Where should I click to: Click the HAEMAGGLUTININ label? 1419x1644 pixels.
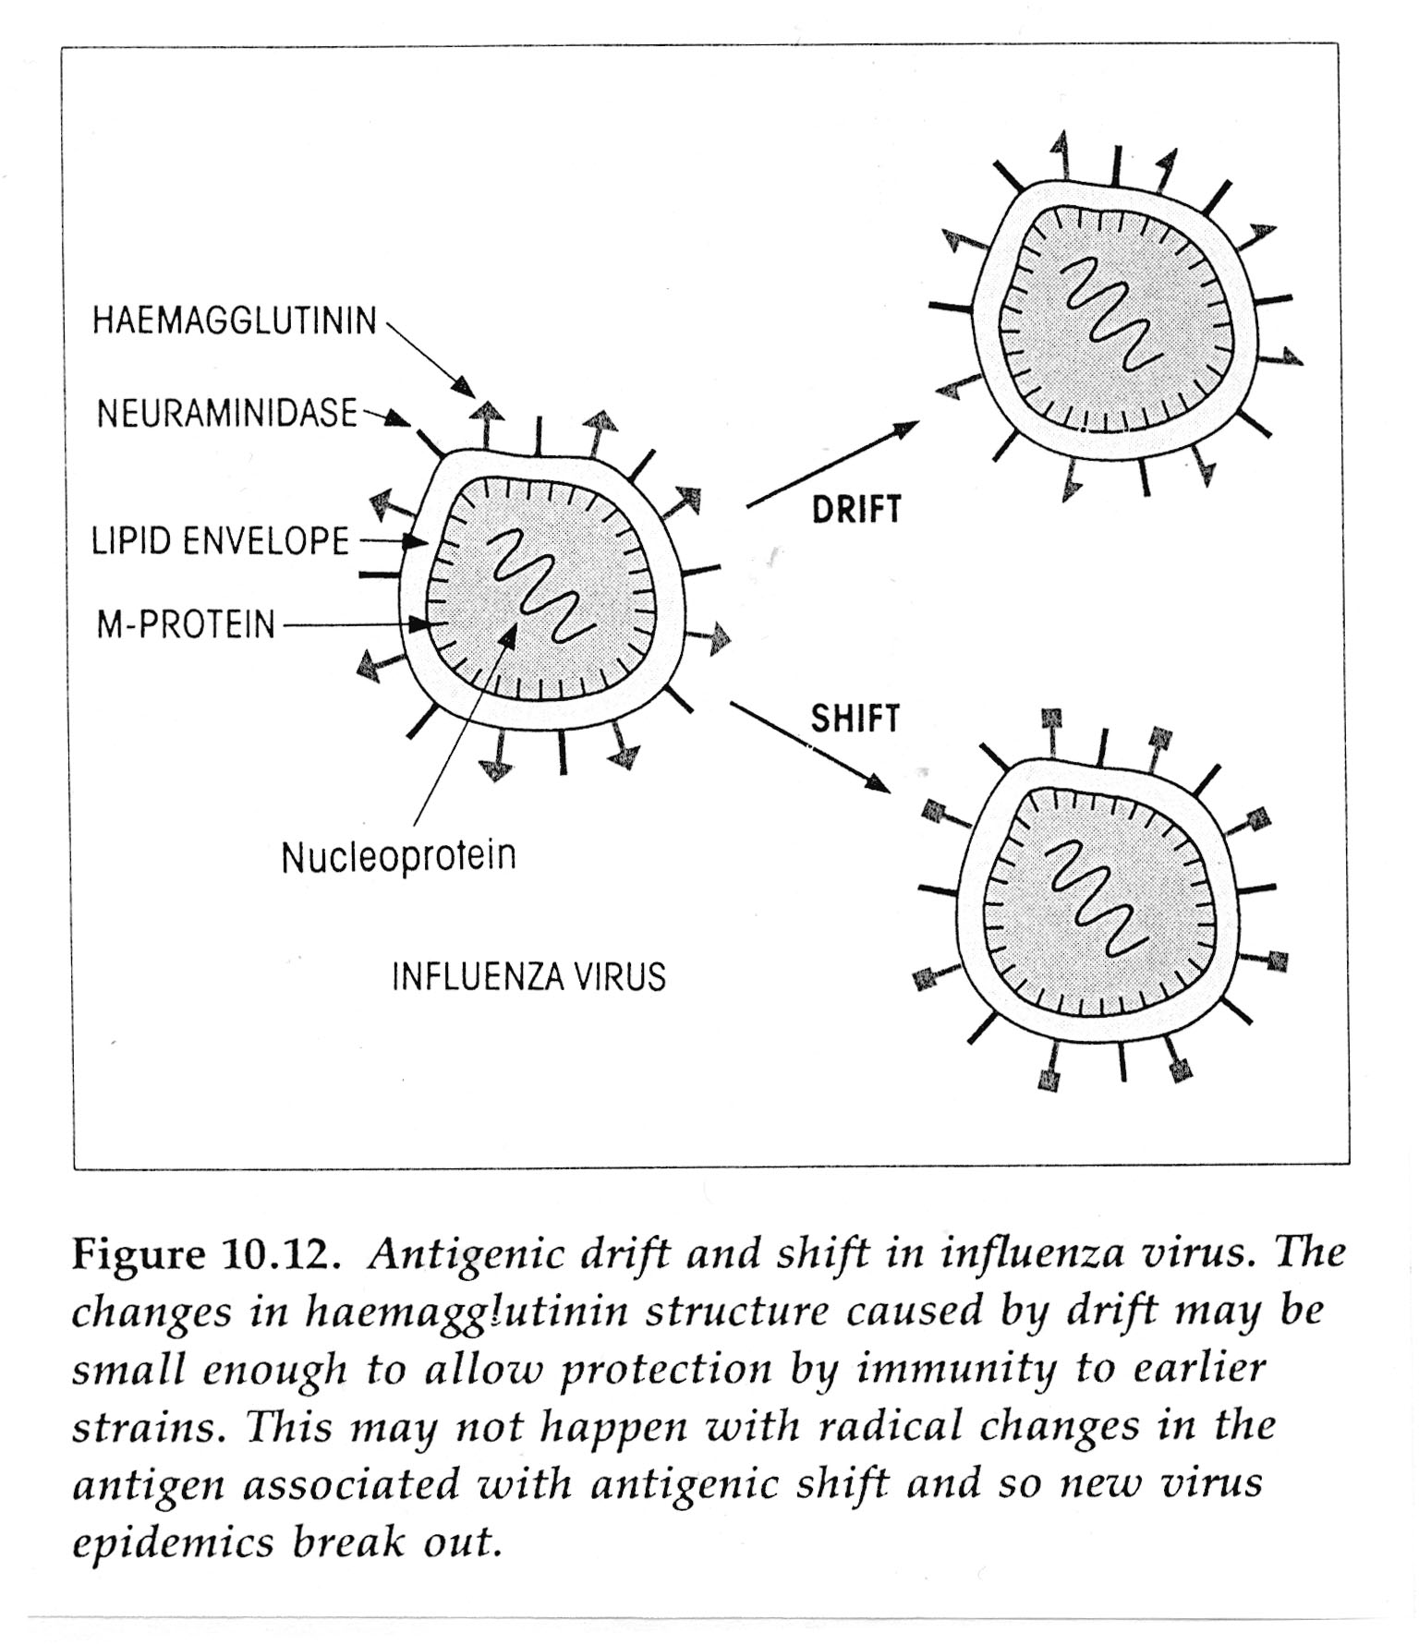pyautogui.click(x=235, y=320)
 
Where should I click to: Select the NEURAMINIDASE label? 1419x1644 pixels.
pyautogui.click(x=227, y=413)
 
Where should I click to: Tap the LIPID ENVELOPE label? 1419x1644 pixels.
pyautogui.click(x=220, y=540)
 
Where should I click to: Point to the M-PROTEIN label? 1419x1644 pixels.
pyautogui.click(x=186, y=625)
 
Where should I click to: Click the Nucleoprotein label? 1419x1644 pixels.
pyautogui.click(x=398, y=856)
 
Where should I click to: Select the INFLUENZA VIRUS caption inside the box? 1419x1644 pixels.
pyautogui.click(x=528, y=976)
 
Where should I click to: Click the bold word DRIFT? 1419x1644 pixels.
pyautogui.click(x=855, y=509)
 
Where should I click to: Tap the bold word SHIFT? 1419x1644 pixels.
pyautogui.click(x=855, y=718)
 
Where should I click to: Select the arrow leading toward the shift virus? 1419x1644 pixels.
pyautogui.click(x=810, y=747)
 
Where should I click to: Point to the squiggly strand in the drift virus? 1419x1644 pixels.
pyautogui.click(x=1109, y=314)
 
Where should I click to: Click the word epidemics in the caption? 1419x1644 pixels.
pyautogui.click(x=173, y=1543)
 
